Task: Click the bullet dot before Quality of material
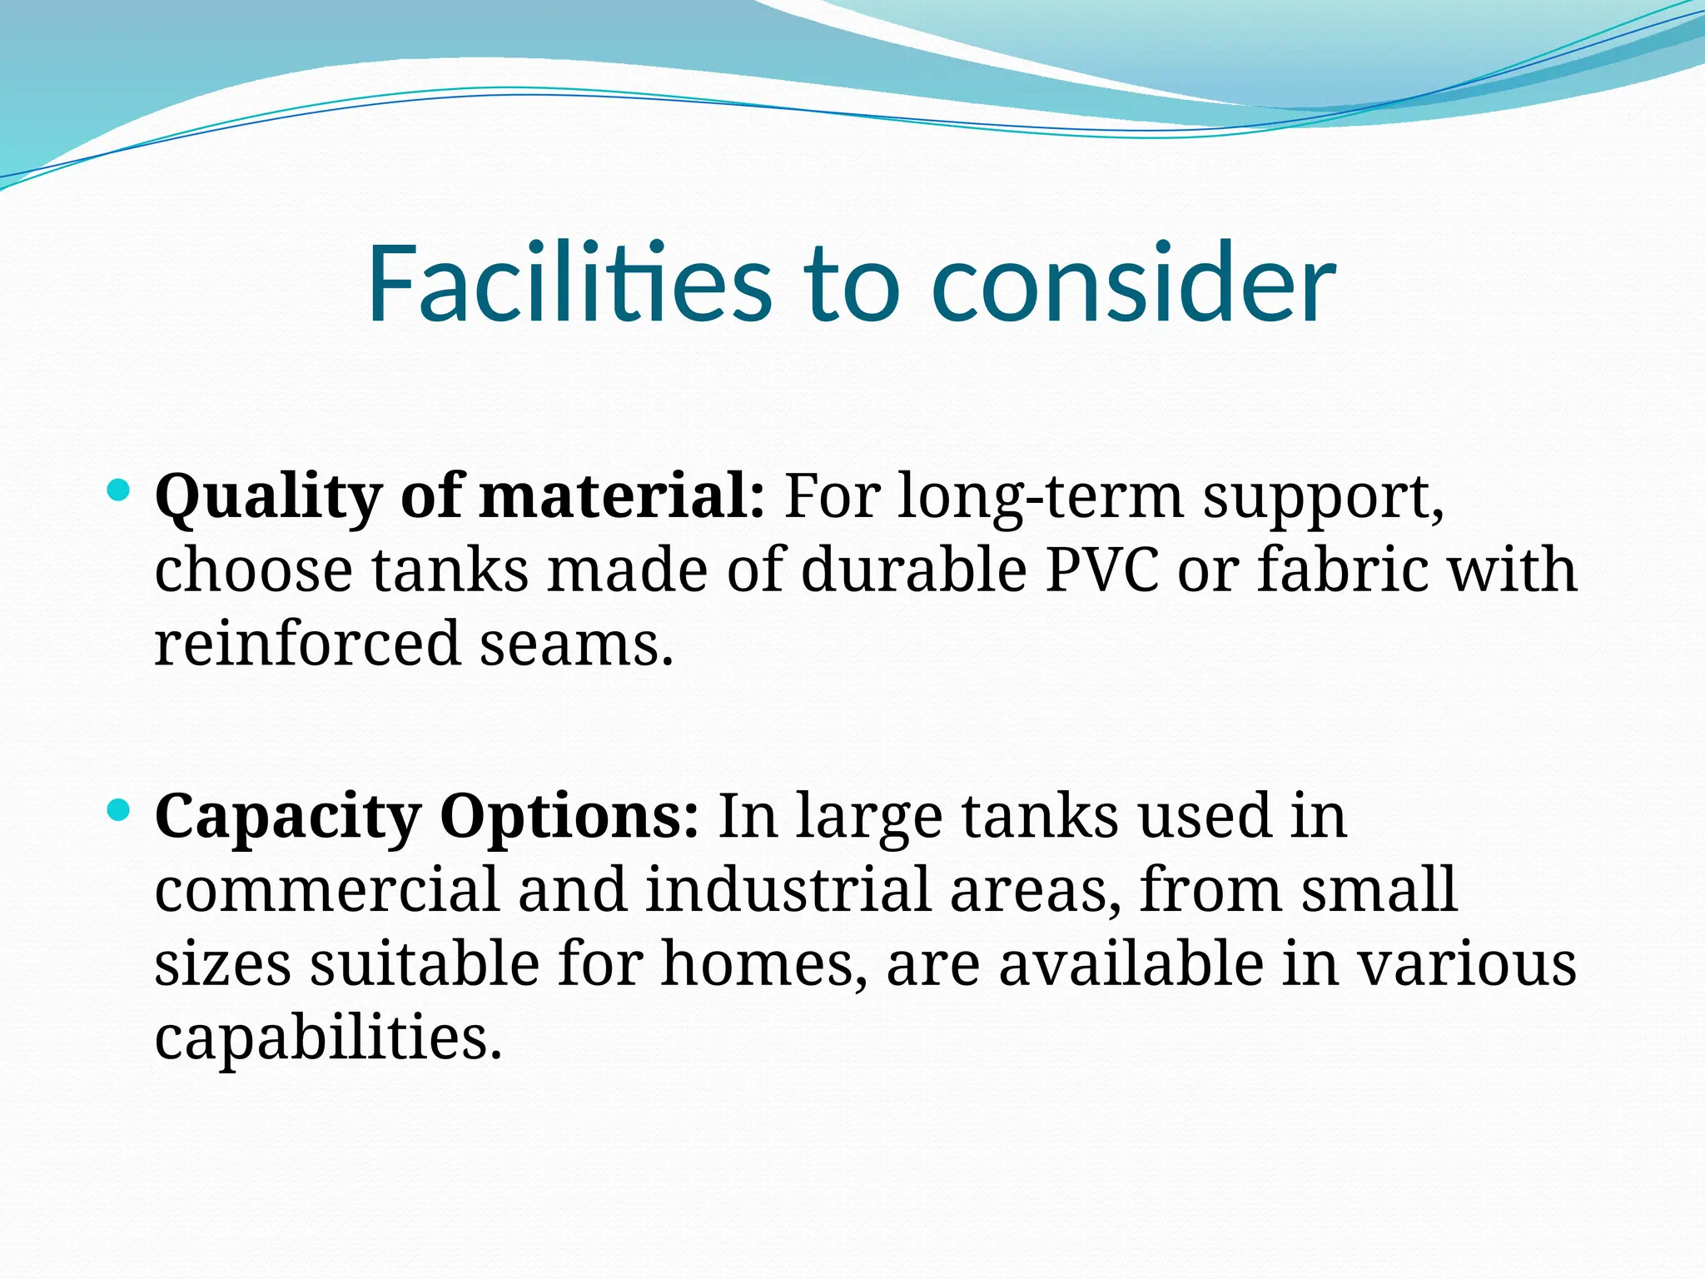(x=119, y=490)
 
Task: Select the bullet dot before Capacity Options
(x=119, y=809)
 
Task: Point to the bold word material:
(x=622, y=496)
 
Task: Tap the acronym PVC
(x=1101, y=571)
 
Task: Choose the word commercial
(x=327, y=889)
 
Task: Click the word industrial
(x=787, y=889)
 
